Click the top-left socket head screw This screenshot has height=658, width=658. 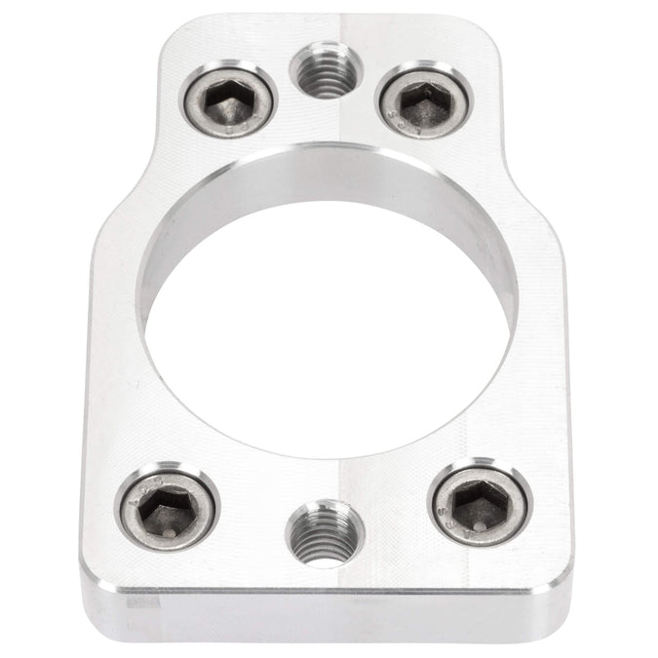pyautogui.click(x=228, y=98)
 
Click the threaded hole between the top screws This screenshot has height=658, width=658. pyautogui.click(x=327, y=74)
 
